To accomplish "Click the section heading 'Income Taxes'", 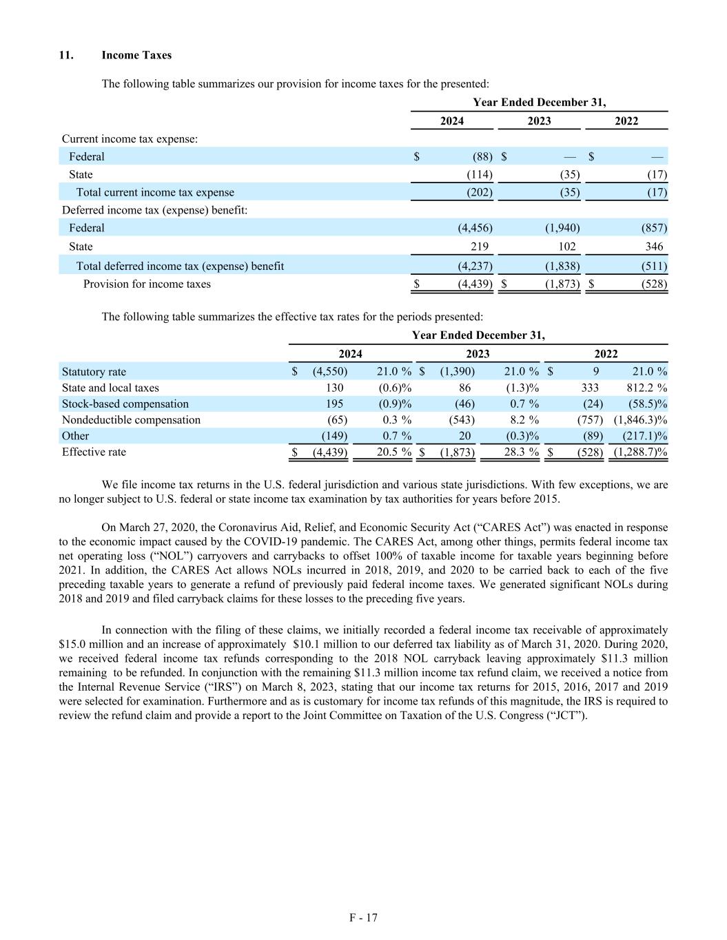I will point(136,55).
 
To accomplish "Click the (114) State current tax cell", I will point(480,175).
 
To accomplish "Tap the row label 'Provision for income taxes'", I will point(147,284).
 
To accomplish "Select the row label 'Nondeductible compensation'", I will point(131,420).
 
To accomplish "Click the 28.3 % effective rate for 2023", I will point(522,452).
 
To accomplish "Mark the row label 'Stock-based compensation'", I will point(125,404).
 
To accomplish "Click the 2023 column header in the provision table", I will point(539,121).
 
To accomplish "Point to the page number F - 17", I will point(363,918).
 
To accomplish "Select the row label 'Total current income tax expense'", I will point(155,193).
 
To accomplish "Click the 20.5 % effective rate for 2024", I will point(394,452).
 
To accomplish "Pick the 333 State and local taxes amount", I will point(590,388).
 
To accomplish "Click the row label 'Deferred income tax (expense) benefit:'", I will point(155,210).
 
